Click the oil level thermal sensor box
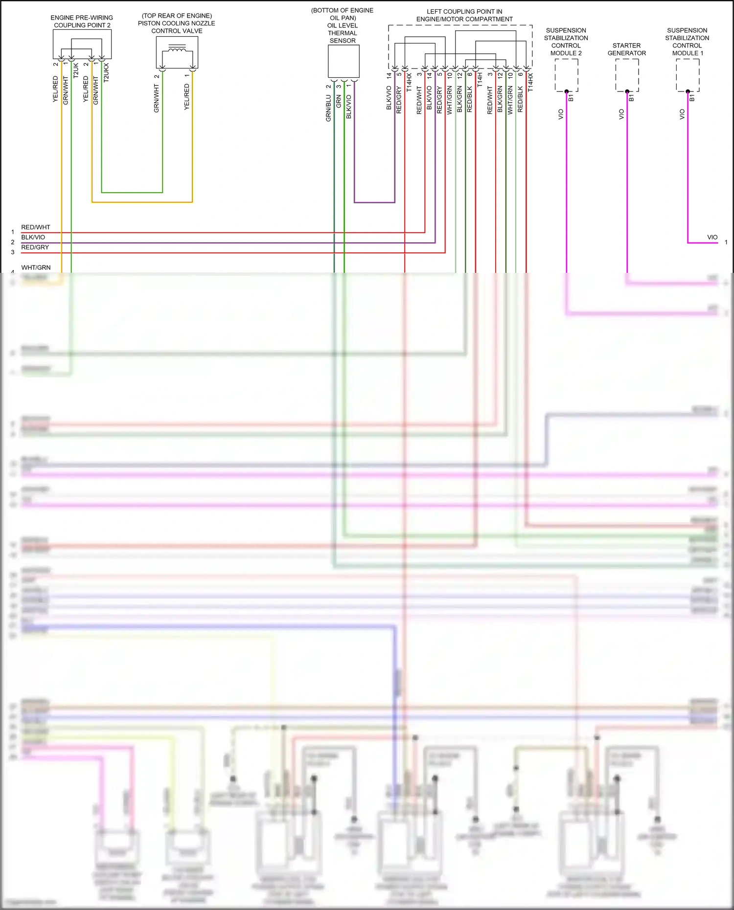[x=344, y=61]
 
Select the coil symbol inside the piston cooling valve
[x=177, y=48]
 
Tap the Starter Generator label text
[x=626, y=49]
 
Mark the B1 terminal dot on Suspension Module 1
[x=688, y=91]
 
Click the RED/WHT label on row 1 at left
[x=36, y=227]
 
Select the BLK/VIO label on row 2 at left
[x=33, y=237]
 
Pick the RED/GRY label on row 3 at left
[x=35, y=247]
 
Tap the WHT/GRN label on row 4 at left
[x=36, y=267]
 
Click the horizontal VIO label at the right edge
[x=712, y=237]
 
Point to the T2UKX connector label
[x=106, y=72]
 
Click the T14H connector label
[x=480, y=79]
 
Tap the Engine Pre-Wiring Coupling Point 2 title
[x=82, y=22]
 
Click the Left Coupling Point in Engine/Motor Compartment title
[x=464, y=15]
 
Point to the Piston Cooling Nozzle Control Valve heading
[x=177, y=23]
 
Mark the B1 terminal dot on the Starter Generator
[x=627, y=91]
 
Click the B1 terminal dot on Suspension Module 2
[x=566, y=91]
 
